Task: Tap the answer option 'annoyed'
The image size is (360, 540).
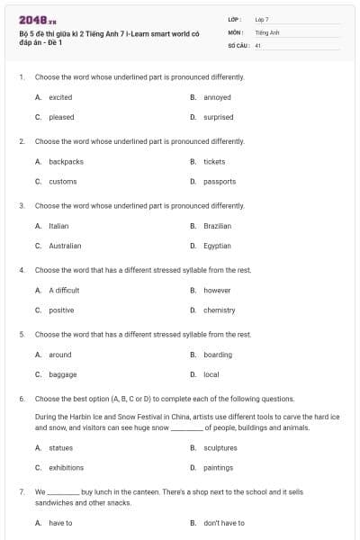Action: (x=217, y=97)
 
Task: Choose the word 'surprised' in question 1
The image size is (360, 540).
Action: (x=219, y=117)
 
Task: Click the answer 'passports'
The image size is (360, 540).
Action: (x=219, y=182)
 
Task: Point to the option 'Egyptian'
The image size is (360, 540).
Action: (x=217, y=246)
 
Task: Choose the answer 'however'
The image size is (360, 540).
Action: (x=217, y=291)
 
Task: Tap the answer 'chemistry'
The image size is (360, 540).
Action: (x=219, y=310)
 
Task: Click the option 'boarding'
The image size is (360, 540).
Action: (x=217, y=355)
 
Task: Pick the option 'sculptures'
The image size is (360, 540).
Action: (x=220, y=447)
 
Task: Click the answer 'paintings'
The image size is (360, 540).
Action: (x=218, y=468)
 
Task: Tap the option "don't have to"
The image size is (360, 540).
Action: (x=223, y=523)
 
